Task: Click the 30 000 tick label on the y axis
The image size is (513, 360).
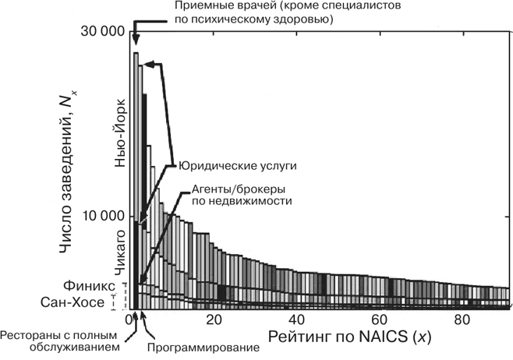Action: pos(99,32)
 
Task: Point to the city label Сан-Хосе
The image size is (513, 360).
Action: pos(88,302)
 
